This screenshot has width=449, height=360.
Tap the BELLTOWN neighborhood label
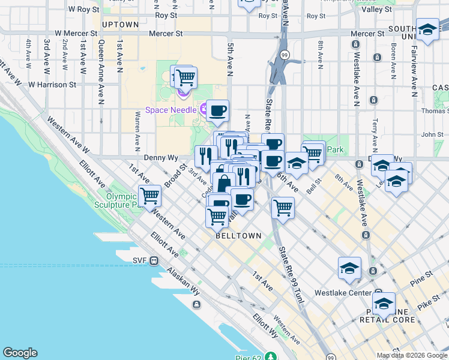(239, 236)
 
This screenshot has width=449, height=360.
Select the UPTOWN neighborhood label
(121, 25)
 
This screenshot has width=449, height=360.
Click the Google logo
(20, 353)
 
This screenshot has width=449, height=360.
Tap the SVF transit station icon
(154, 260)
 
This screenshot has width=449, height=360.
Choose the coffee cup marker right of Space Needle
(218, 110)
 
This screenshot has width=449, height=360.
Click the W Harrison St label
(52, 85)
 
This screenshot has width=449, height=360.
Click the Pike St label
(428, 305)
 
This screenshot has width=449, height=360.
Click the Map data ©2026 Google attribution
(411, 355)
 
